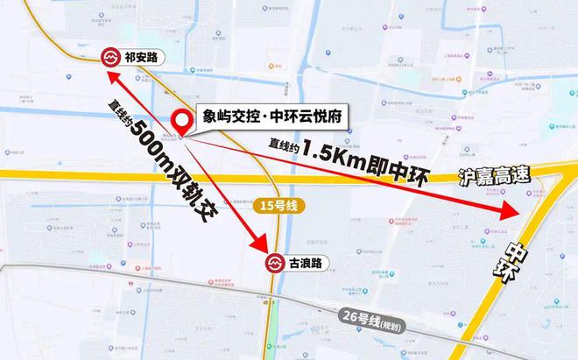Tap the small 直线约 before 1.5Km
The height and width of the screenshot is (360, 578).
pyautogui.click(x=284, y=147)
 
